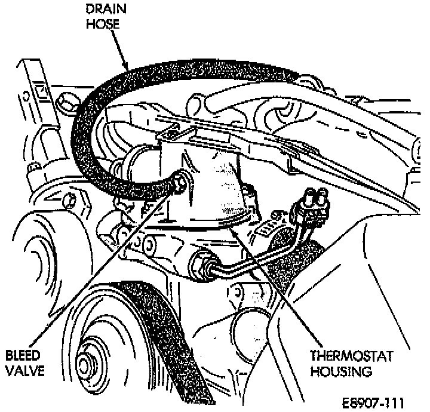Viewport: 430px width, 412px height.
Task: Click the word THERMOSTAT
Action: tap(351, 356)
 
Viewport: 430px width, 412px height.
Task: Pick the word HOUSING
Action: tap(341, 371)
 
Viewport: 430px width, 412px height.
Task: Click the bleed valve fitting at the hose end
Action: tap(179, 185)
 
